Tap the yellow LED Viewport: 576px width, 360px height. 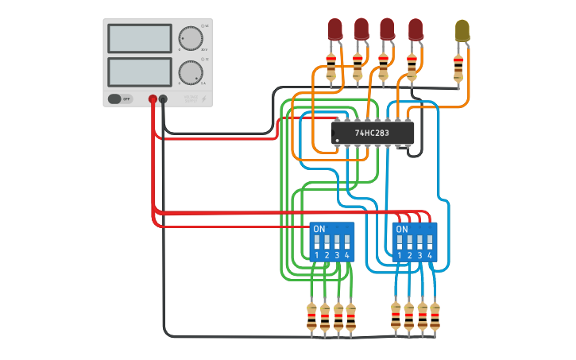pos(462,31)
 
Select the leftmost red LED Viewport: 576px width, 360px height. pos(335,29)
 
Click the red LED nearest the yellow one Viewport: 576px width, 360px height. pos(416,29)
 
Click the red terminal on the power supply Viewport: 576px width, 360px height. pos(153,99)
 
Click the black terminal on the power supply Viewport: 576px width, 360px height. pos(163,99)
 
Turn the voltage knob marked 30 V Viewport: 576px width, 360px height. pos(190,38)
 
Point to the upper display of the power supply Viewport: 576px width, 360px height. pos(139,38)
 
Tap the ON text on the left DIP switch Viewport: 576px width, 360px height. pos(319,229)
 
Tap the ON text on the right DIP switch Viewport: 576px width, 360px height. pos(402,229)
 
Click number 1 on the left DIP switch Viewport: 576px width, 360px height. pos(317,255)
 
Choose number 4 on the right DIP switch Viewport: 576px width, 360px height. pos(429,255)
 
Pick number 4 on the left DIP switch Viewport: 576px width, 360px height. pos(346,255)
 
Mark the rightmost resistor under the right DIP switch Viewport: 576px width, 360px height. pos(435,317)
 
